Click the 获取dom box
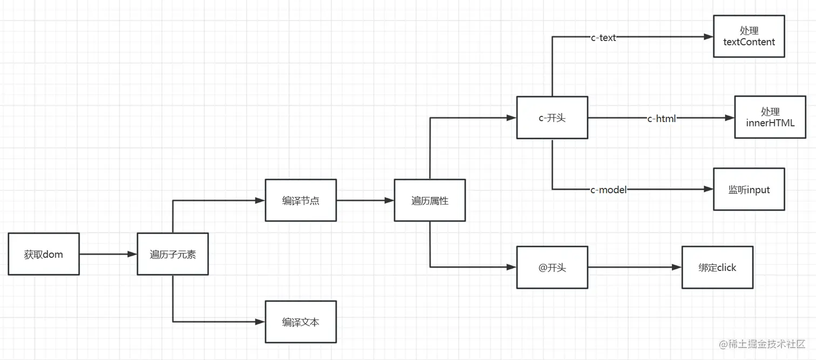(x=44, y=254)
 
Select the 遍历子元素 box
(x=173, y=254)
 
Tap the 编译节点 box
(x=301, y=200)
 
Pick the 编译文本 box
(x=301, y=322)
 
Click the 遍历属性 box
(x=430, y=200)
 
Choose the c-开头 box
(x=552, y=118)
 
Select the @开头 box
(x=552, y=267)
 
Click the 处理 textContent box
(x=749, y=36)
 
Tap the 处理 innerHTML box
(x=770, y=117)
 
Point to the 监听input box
(x=749, y=189)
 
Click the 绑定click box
(x=717, y=267)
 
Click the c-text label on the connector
(x=603, y=37)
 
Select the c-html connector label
(x=662, y=118)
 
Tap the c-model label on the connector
(x=608, y=189)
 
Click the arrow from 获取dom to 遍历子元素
(x=108, y=254)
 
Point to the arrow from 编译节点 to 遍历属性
(x=365, y=200)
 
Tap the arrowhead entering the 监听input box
(x=708, y=189)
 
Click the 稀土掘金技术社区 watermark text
(x=766, y=344)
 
